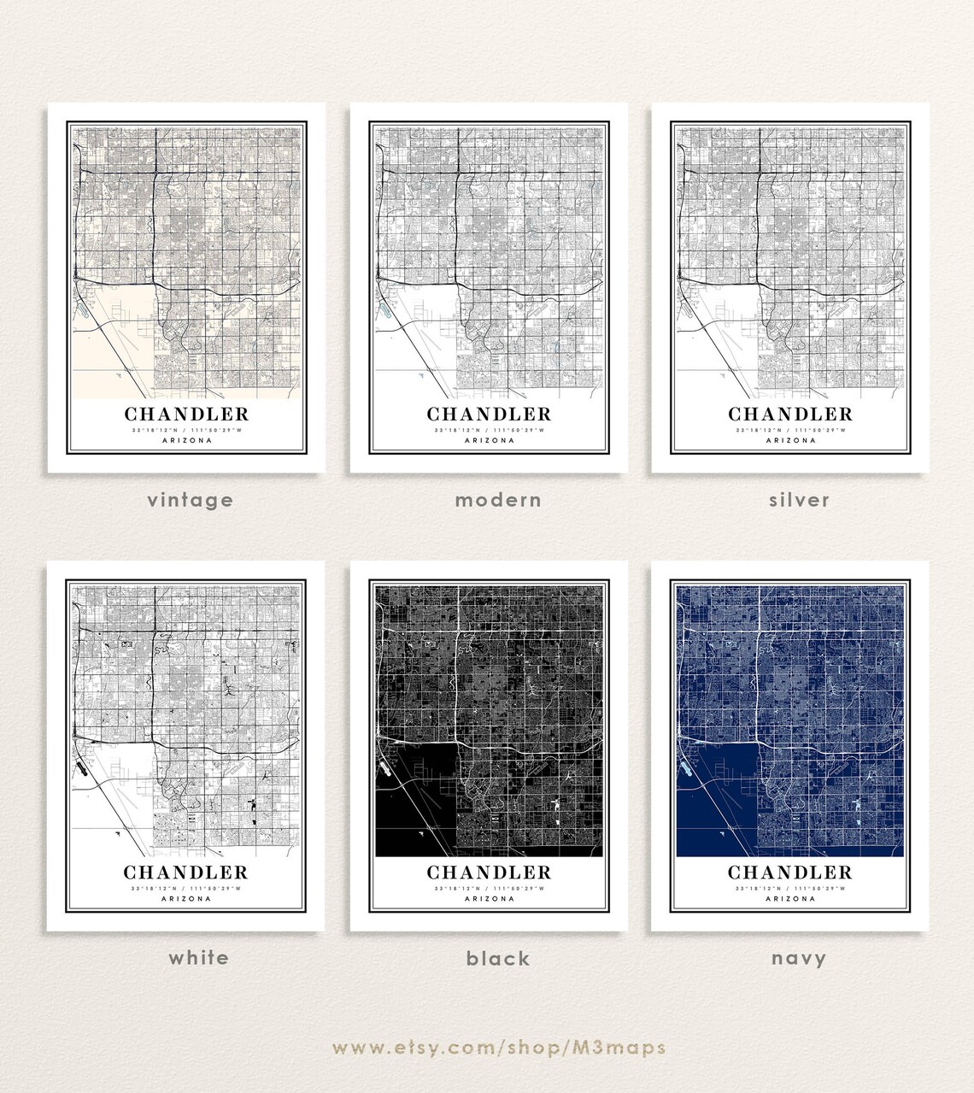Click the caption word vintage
pyautogui.click(x=190, y=500)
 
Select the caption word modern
pyautogui.click(x=498, y=500)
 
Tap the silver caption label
pyautogui.click(x=799, y=500)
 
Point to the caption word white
pyautogui.click(x=198, y=957)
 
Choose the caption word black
pyautogui.click(x=498, y=959)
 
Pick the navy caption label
pyautogui.click(x=799, y=959)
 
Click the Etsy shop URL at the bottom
pyautogui.click(x=499, y=1048)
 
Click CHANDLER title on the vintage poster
pyautogui.click(x=187, y=414)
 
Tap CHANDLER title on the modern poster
pyautogui.click(x=490, y=414)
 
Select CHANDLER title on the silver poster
pyautogui.click(x=790, y=414)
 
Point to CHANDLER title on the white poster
pyautogui.click(x=186, y=873)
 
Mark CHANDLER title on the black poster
pyautogui.click(x=490, y=873)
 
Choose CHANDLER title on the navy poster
pyautogui.click(x=790, y=873)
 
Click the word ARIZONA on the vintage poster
pyautogui.click(x=187, y=441)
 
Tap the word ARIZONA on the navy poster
pyautogui.click(x=790, y=899)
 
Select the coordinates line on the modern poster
pyautogui.click(x=490, y=431)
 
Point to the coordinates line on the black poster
pyautogui.click(x=490, y=889)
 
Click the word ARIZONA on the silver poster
pyautogui.click(x=790, y=441)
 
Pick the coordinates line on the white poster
pyautogui.click(x=186, y=889)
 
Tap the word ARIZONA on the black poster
pyautogui.click(x=490, y=899)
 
